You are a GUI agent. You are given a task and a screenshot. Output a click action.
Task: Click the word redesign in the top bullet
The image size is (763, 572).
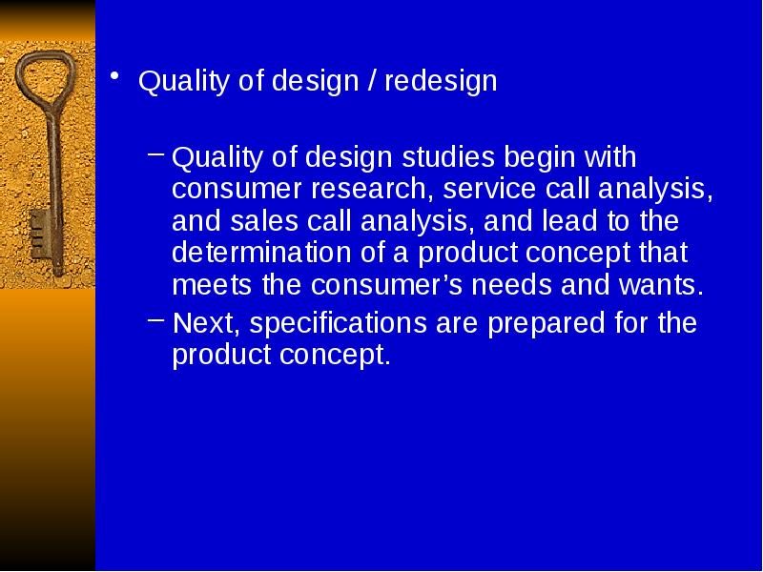click(x=441, y=81)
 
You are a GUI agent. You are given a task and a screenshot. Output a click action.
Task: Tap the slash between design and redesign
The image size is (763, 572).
click(x=372, y=80)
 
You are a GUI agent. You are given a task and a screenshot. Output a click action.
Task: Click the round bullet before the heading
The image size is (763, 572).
click(x=114, y=75)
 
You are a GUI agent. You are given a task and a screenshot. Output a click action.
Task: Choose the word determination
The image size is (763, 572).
click(x=261, y=253)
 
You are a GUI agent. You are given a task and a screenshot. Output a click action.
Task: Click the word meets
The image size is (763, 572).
click(x=212, y=284)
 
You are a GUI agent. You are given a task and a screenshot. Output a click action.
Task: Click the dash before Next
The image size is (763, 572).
click(x=155, y=319)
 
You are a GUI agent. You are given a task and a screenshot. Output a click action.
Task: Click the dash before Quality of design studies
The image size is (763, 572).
click(x=155, y=153)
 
